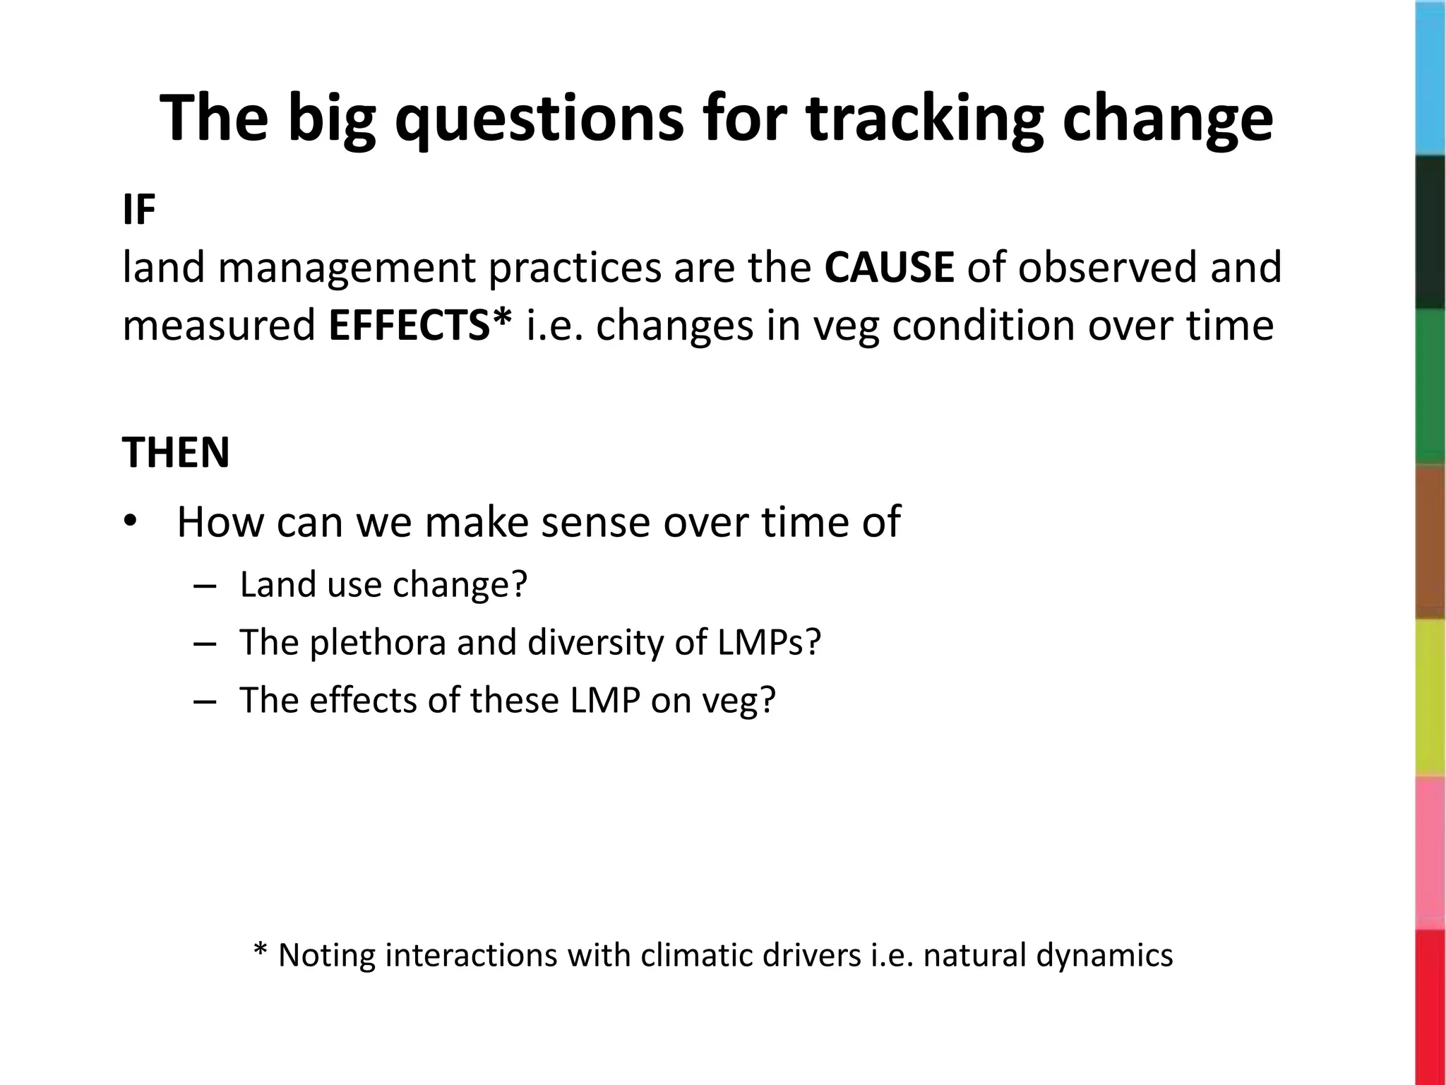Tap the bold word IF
[138, 211]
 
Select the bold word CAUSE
[889, 268]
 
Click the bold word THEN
[176, 453]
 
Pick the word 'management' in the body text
[347, 270]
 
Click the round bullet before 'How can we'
[131, 522]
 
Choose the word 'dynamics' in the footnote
[1104, 956]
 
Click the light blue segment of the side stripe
[1430, 78]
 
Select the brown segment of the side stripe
[1430, 542]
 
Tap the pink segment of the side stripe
[1430, 853]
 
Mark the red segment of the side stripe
[1430, 1007]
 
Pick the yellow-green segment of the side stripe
[1430, 698]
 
